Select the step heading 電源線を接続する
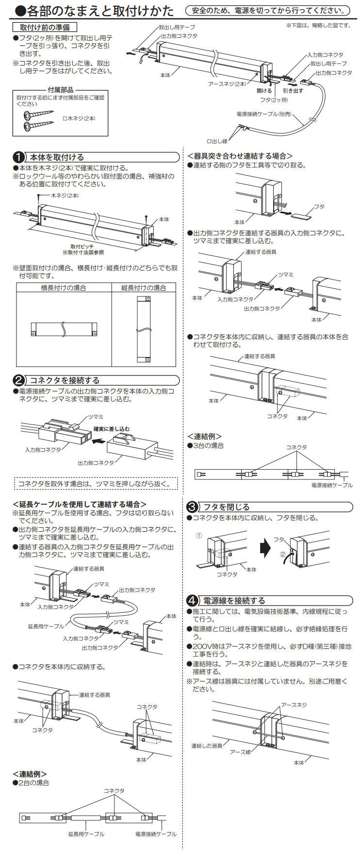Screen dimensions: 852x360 tap(234, 600)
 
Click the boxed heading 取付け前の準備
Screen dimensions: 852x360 tap(44, 28)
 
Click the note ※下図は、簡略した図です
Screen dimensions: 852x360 tap(318, 25)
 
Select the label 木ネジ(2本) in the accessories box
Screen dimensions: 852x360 tap(80, 118)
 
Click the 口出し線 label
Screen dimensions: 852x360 tap(217, 141)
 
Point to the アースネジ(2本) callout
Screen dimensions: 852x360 tap(227, 84)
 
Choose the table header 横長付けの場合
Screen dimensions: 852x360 tap(63, 288)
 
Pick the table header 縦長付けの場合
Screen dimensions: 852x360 tap(143, 288)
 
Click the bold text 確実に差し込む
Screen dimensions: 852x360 tap(111, 429)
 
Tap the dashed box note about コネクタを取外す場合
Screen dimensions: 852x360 tap(95, 484)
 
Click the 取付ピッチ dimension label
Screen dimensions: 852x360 tap(82, 246)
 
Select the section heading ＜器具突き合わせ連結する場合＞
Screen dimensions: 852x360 tap(240, 156)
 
